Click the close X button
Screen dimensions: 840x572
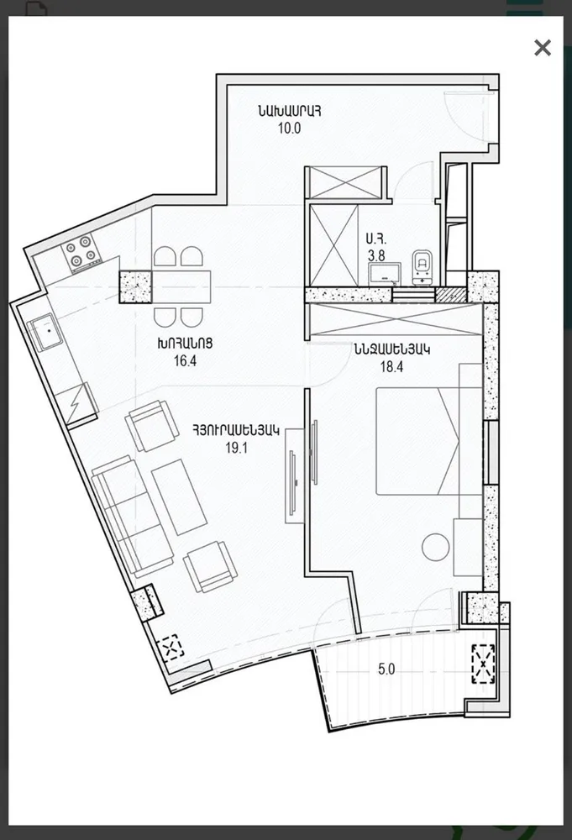point(543,48)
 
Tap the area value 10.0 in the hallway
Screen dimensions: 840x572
point(290,129)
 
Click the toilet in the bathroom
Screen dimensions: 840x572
point(422,264)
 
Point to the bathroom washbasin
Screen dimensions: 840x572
point(385,272)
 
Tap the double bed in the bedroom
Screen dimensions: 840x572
point(417,439)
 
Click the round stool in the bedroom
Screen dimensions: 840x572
point(437,547)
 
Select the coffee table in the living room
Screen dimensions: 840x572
point(179,496)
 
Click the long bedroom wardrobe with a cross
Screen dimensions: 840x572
point(394,323)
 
